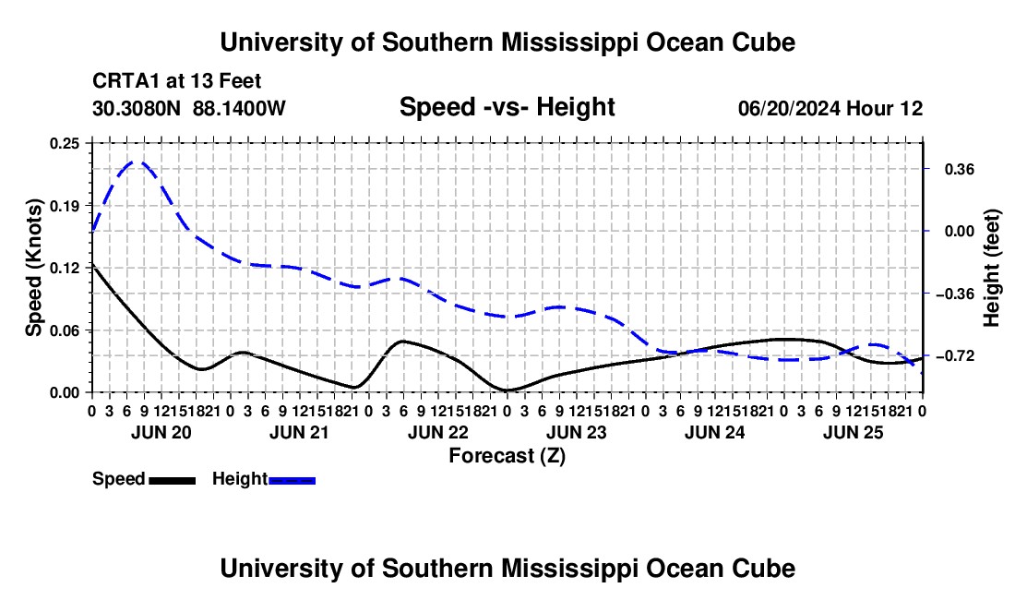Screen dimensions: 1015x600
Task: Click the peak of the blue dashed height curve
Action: click(137, 162)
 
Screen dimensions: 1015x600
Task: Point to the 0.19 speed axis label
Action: click(65, 207)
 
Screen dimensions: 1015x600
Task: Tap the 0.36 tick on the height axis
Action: click(925, 169)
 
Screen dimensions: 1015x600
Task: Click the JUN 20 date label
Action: click(161, 432)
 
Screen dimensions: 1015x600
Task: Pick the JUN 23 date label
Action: click(576, 432)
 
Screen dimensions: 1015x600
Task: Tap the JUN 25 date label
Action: click(854, 432)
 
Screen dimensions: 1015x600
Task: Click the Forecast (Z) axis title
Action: click(507, 456)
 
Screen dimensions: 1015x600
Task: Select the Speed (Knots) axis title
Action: click(33, 268)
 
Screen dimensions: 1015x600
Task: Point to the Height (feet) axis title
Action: click(991, 268)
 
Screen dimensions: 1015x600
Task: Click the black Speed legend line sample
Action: click(173, 480)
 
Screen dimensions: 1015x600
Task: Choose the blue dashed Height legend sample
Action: click(292, 480)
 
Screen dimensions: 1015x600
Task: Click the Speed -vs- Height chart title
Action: click(507, 107)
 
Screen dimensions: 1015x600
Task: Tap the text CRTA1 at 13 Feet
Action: click(177, 81)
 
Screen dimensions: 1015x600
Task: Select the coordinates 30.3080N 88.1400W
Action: click(189, 108)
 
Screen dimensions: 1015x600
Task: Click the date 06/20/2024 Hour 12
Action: click(830, 108)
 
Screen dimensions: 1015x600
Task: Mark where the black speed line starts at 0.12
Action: click(92, 264)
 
